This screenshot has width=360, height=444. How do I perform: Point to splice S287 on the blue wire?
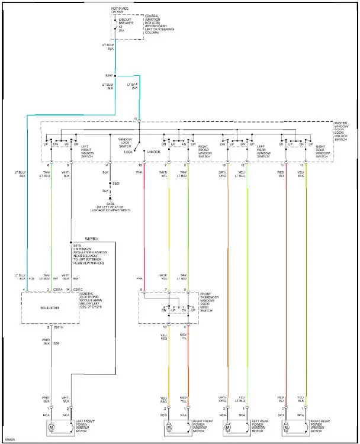(115, 76)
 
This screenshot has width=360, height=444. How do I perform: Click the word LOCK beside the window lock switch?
(128, 152)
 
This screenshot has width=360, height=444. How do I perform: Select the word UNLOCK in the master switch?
(153, 152)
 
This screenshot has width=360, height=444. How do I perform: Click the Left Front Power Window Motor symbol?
(51, 427)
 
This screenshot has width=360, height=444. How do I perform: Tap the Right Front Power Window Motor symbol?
(168, 427)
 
